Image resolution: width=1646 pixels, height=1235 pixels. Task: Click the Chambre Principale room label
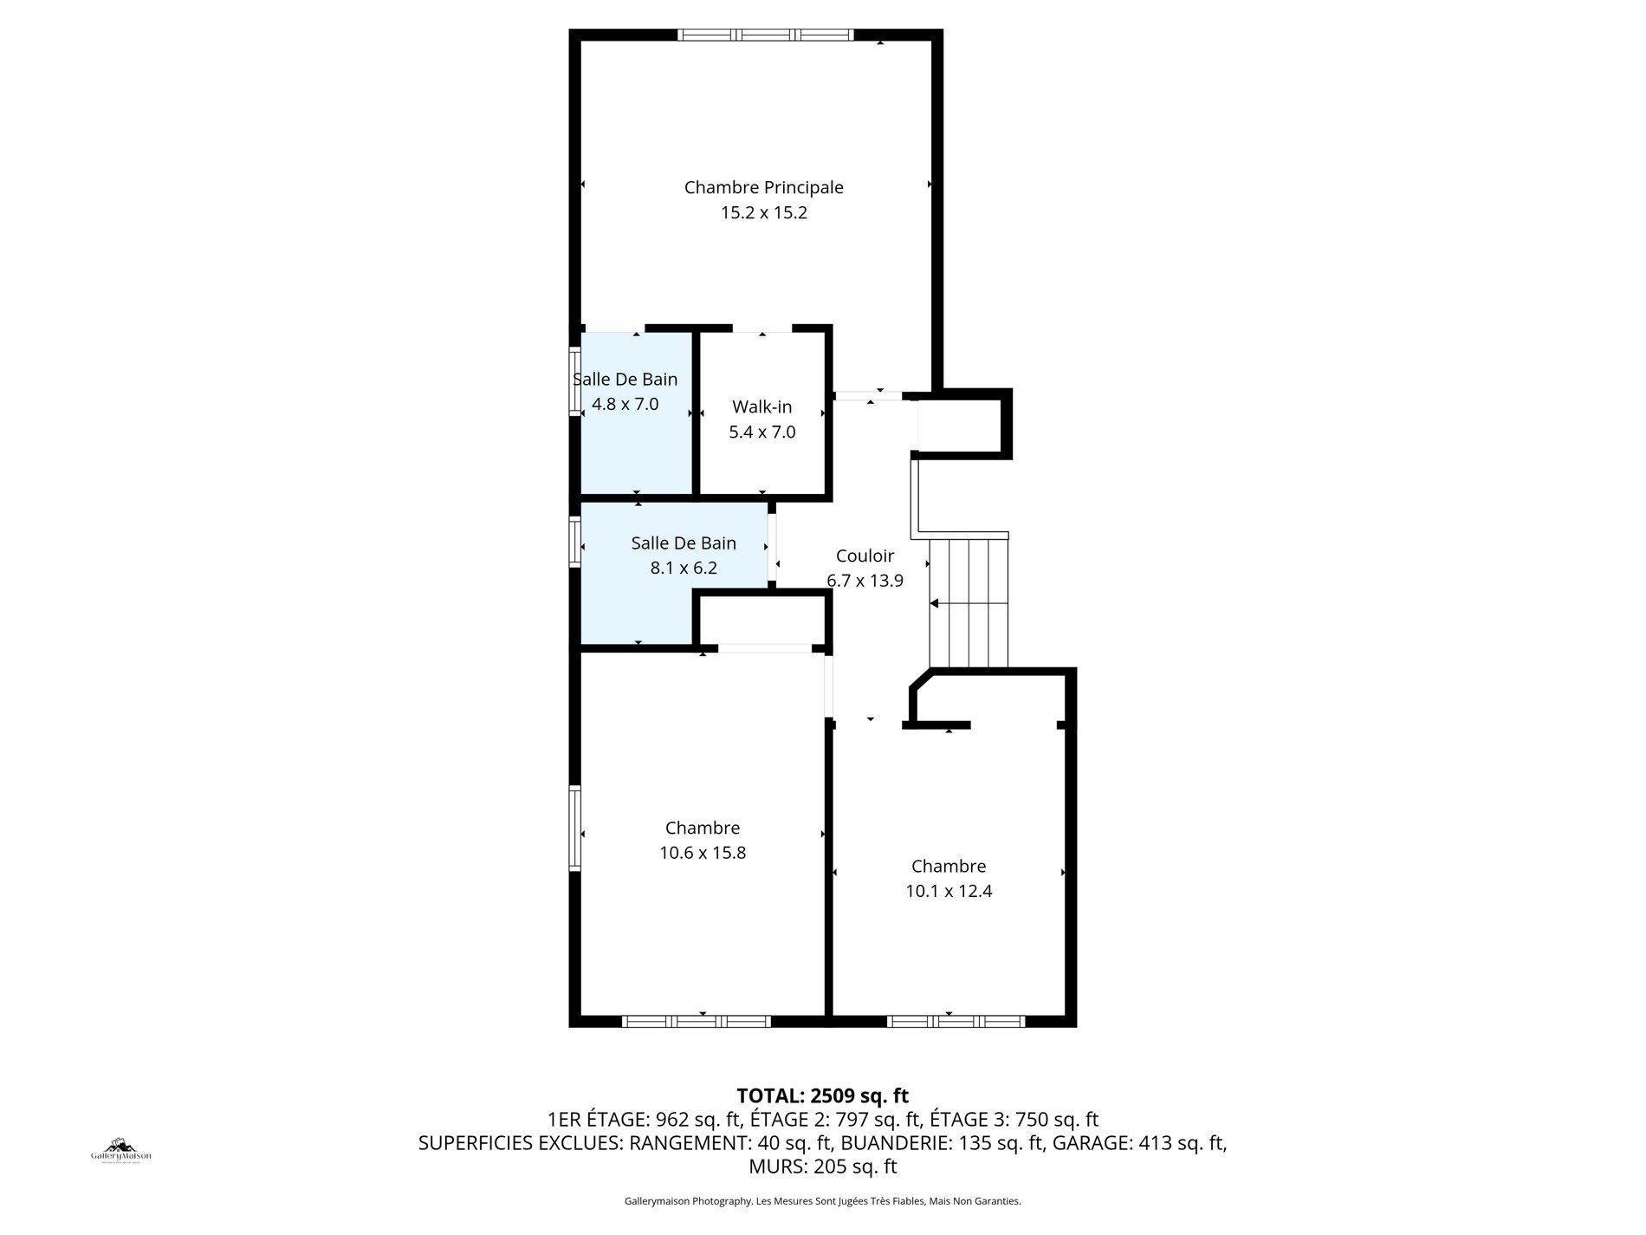(763, 187)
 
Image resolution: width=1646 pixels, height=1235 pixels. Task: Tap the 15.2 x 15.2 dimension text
(763, 213)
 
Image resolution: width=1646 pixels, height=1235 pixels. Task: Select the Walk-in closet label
(761, 407)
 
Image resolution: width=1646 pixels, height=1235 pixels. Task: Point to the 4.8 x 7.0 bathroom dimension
(625, 404)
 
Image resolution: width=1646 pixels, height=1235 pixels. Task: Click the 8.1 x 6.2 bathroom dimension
(684, 569)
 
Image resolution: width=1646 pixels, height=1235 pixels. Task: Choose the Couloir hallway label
(865, 556)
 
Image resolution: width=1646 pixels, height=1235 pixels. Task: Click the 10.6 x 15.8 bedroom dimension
(702, 853)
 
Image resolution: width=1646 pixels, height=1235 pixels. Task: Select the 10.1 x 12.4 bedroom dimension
(949, 891)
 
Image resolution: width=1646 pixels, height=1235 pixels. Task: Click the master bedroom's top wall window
(766, 36)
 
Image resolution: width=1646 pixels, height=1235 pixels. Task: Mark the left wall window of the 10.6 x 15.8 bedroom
(574, 828)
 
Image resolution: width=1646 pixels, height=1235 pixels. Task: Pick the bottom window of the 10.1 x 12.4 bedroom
(956, 1022)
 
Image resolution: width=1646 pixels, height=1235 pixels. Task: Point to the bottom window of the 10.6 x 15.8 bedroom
(697, 1022)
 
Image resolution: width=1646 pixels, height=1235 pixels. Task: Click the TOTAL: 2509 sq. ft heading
(822, 1095)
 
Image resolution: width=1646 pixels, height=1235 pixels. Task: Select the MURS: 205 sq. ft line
(822, 1167)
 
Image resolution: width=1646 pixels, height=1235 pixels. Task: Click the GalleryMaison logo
(121, 1151)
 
